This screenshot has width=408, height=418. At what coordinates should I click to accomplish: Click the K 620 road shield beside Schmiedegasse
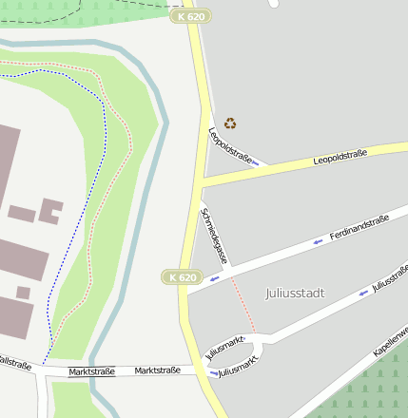click(x=183, y=276)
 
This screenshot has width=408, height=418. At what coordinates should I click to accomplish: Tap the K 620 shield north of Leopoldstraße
click(x=191, y=16)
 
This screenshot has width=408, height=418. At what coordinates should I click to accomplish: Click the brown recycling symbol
click(x=230, y=123)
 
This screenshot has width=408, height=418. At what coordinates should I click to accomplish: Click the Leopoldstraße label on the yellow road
click(x=340, y=158)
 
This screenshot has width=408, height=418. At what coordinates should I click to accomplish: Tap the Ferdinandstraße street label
click(x=359, y=228)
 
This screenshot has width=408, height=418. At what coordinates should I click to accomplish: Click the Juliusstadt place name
click(x=295, y=294)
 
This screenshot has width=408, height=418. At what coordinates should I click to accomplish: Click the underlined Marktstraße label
click(x=91, y=371)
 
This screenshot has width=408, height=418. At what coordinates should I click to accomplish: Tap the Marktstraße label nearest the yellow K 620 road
click(x=157, y=370)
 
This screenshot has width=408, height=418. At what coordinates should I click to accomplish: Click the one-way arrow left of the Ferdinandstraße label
click(x=318, y=241)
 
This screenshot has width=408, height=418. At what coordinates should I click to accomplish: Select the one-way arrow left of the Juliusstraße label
click(x=362, y=294)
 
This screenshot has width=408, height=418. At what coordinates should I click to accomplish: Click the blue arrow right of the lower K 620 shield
click(x=215, y=279)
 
